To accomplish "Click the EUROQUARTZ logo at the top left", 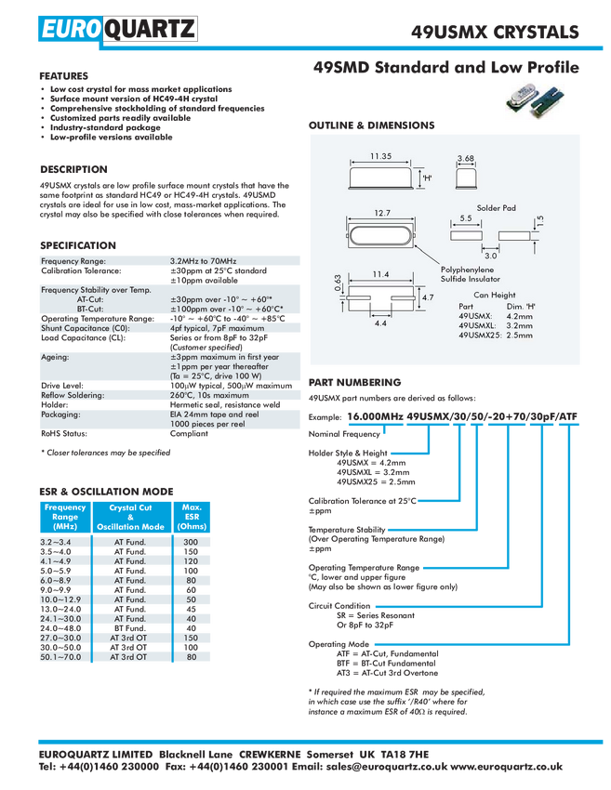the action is tap(117, 29).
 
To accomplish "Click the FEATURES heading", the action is tap(63, 76).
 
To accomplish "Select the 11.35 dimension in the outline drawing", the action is tap(380, 156).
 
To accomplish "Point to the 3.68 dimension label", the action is tap(465, 158).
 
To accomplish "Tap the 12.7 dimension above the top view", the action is tap(382, 213).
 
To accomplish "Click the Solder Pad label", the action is tap(496, 208).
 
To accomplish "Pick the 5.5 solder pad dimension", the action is tap(466, 218).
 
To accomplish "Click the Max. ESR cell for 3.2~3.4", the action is tap(191, 542).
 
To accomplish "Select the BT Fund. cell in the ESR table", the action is tap(129, 628).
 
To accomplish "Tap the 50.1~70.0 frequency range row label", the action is tap(60, 657).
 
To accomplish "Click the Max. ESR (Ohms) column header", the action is tap(192, 517).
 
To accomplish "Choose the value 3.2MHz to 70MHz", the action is tap(203, 261).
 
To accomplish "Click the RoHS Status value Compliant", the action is tap(189, 433).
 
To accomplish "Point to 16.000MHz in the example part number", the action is tap(375, 416).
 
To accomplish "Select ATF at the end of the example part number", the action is tap(567, 416).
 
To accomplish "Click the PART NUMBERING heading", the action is tap(355, 382).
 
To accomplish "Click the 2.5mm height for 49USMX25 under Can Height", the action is tap(519, 335).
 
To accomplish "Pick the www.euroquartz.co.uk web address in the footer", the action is tap(506, 767).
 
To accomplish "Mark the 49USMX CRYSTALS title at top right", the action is tap(495, 33).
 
